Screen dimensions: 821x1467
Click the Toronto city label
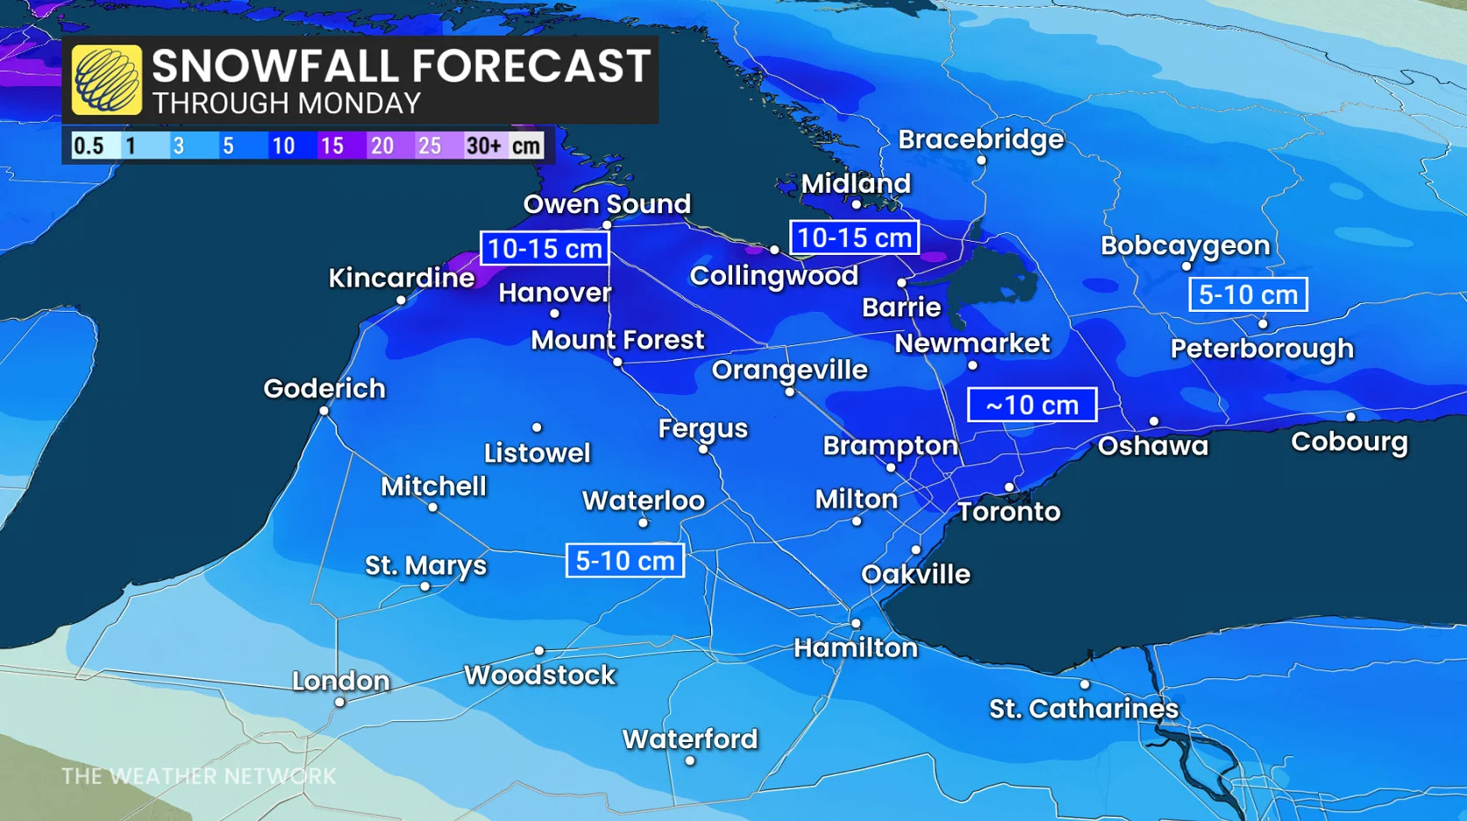pyautogui.click(x=1008, y=512)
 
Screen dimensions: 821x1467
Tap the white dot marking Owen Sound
pyautogui.click(x=607, y=225)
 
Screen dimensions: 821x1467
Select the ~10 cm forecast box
pyautogui.click(x=1032, y=405)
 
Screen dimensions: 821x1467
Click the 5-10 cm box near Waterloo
pyautogui.click(x=625, y=561)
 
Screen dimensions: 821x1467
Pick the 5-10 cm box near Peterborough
pyautogui.click(x=1248, y=294)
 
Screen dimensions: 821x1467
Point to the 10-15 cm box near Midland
pyautogui.click(x=854, y=237)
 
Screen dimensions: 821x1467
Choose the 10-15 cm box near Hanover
pyautogui.click(x=545, y=248)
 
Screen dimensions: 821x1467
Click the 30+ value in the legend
pyautogui.click(x=483, y=145)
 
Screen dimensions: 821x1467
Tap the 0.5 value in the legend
pyautogui.click(x=88, y=145)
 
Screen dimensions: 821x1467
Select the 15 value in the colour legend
pyautogui.click(x=332, y=145)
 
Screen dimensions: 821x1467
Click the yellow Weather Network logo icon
pyautogui.click(x=107, y=80)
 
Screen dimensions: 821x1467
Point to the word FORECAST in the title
pyautogui.click(x=531, y=67)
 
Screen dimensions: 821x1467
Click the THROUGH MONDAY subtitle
pyautogui.click(x=287, y=103)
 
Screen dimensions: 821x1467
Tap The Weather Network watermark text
pyautogui.click(x=198, y=776)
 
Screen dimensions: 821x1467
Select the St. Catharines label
pyautogui.click(x=1084, y=708)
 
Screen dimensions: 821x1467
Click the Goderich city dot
pyautogui.click(x=324, y=411)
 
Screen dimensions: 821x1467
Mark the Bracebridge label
pyautogui.click(x=980, y=139)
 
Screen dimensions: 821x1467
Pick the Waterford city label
pyautogui.click(x=690, y=739)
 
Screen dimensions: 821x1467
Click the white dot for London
pyautogui.click(x=339, y=702)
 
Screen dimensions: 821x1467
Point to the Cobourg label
pyautogui.click(x=1349, y=441)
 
